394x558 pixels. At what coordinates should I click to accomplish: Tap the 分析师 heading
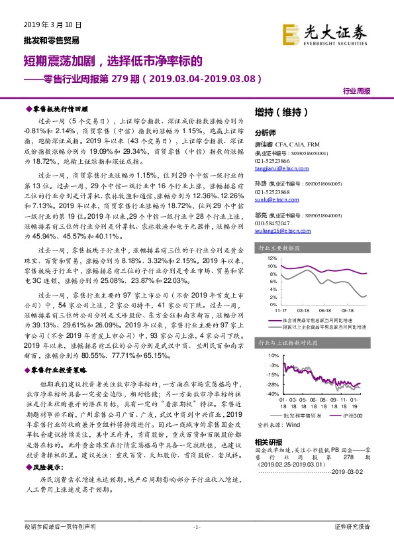tap(265, 132)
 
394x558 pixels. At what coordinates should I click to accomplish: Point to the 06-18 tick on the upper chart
tap(324, 309)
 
